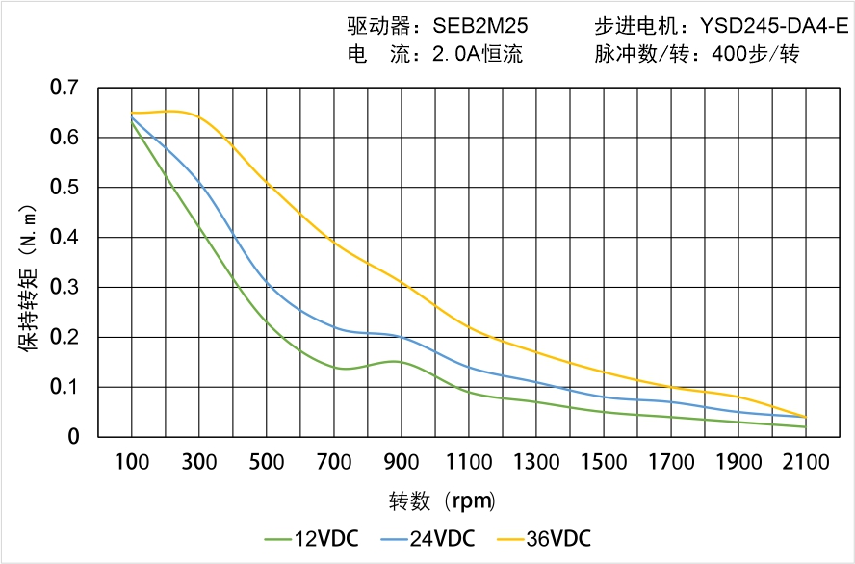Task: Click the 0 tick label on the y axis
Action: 74,437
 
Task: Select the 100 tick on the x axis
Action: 131,462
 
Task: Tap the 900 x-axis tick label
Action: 402,462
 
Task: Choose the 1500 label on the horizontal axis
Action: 604,462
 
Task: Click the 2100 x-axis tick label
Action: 806,462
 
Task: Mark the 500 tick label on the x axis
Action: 266,462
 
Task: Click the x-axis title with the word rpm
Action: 443,501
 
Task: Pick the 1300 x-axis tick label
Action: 536,462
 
